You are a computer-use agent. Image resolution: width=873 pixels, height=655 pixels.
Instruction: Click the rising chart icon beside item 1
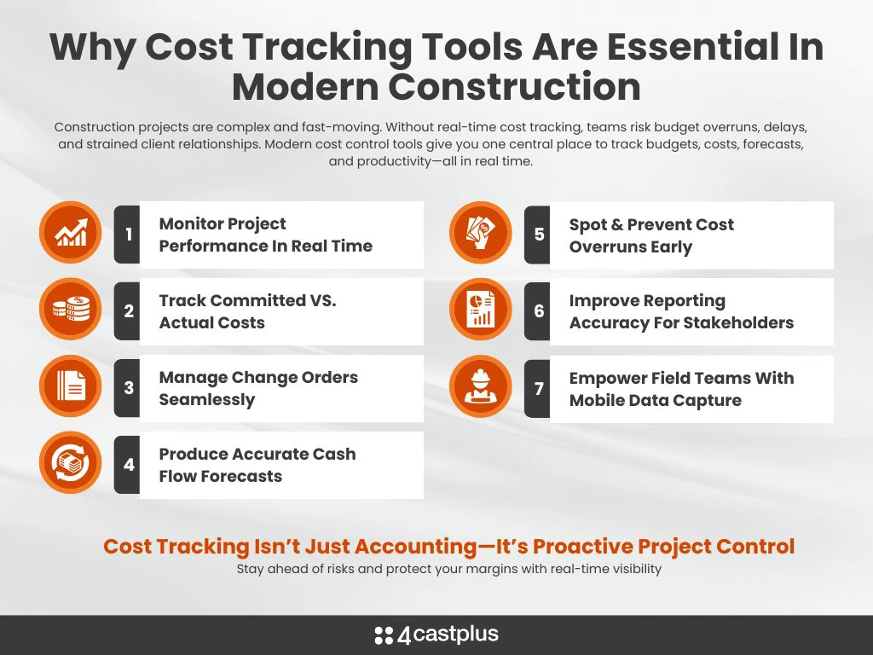(71, 232)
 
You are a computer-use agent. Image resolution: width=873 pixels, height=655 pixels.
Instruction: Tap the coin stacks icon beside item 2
(71, 309)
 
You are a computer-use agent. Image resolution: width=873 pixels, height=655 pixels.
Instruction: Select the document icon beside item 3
(71, 385)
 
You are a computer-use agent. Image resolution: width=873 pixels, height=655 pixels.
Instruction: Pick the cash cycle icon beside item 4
(71, 462)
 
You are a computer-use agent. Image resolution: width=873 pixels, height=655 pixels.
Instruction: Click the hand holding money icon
(481, 232)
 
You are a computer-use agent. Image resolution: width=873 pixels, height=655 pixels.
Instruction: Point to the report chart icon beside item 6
(481, 309)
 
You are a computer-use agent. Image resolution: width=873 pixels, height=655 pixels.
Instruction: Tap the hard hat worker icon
(481, 386)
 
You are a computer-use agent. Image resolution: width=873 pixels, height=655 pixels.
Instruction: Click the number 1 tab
(128, 235)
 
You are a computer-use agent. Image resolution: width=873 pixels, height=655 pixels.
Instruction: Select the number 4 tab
(128, 465)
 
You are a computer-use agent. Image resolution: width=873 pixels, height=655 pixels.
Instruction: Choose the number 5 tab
(538, 235)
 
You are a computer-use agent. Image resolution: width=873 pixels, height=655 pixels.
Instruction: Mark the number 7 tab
(538, 388)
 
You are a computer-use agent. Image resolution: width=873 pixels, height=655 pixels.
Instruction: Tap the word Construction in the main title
(514, 87)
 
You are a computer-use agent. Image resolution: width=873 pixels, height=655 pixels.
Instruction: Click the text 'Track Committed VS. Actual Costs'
(248, 311)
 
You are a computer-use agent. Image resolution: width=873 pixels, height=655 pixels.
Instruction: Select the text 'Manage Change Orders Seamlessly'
(258, 388)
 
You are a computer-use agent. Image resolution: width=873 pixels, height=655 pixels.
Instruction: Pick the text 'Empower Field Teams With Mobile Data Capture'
(681, 389)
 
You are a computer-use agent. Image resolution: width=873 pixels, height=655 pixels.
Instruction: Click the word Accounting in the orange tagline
(416, 547)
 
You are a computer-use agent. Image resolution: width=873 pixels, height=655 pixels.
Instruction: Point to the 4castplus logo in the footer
(436, 635)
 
